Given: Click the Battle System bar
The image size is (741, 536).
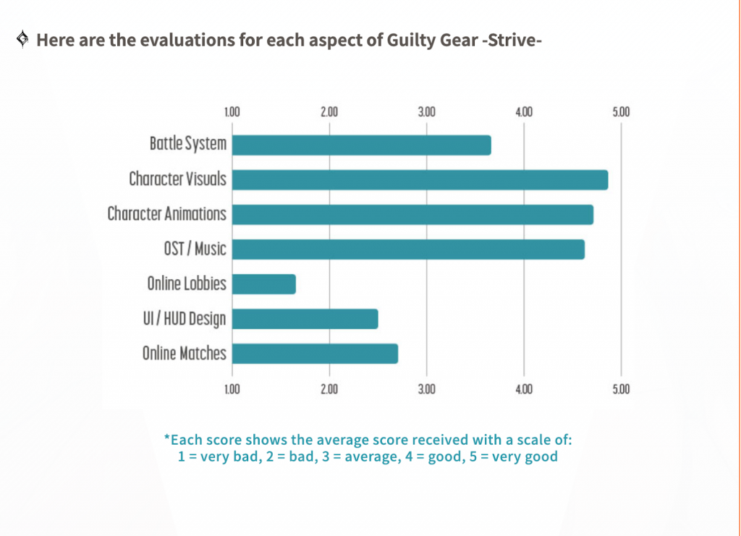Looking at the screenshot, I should point(361,145).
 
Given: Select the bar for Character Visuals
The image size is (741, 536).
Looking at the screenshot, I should point(420,179).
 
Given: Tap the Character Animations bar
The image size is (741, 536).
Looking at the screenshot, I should point(412,214).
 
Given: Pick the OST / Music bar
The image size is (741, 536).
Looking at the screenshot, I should point(408,249).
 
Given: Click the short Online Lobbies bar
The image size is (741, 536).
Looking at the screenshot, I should point(264,284).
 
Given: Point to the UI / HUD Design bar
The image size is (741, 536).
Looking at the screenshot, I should point(305,318).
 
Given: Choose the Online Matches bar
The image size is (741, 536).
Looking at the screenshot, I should point(315,353).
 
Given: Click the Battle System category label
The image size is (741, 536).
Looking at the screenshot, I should point(188,144).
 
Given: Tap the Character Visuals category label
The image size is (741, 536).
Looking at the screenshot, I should point(177,179).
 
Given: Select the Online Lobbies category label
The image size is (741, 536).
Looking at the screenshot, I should point(187,284).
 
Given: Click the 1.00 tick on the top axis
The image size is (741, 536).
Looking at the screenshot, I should point(232,112).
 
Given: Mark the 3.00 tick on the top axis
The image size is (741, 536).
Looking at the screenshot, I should point(426,112).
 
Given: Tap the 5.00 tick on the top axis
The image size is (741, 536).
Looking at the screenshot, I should point(621,112).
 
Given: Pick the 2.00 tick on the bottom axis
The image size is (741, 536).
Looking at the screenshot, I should point(329,389).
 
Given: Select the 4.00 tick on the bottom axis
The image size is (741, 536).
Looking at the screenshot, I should point(524,389).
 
